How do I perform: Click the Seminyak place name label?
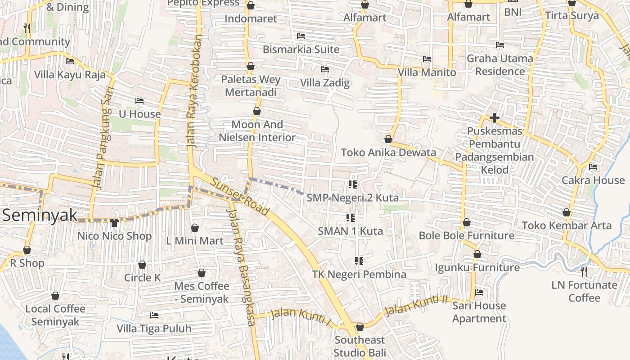pyautogui.click(x=40, y=215)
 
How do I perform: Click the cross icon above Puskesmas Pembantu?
pyautogui.click(x=495, y=118)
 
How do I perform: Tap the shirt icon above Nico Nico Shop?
pyautogui.click(x=114, y=222)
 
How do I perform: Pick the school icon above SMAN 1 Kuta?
pyautogui.click(x=351, y=218)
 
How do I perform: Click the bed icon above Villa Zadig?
pyautogui.click(x=324, y=69)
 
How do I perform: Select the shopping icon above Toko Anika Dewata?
pyautogui.click(x=388, y=139)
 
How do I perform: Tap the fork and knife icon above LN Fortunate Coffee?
pyautogui.click(x=584, y=271)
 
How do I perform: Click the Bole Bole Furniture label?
pyautogui.click(x=466, y=235)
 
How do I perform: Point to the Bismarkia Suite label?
pyautogui.click(x=301, y=49)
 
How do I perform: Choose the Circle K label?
pyautogui.click(x=142, y=278)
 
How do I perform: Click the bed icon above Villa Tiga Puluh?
pyautogui.click(x=154, y=315)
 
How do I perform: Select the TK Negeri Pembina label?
pyautogui.click(x=359, y=274)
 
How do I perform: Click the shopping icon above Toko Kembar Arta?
pyautogui.click(x=567, y=212)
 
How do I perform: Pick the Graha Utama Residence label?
pyautogui.click(x=499, y=65)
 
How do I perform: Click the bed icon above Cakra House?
pyautogui.click(x=593, y=167)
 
